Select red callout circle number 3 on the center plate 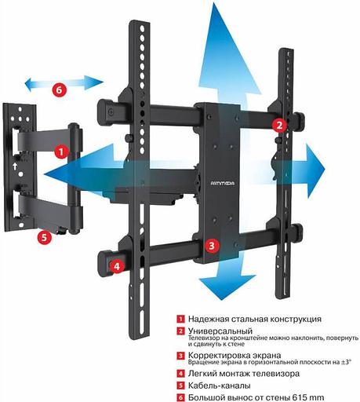[x=211, y=245]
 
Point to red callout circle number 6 [x=60, y=89]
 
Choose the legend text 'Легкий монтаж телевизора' [x=238, y=374]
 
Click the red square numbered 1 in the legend [x=180, y=320]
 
